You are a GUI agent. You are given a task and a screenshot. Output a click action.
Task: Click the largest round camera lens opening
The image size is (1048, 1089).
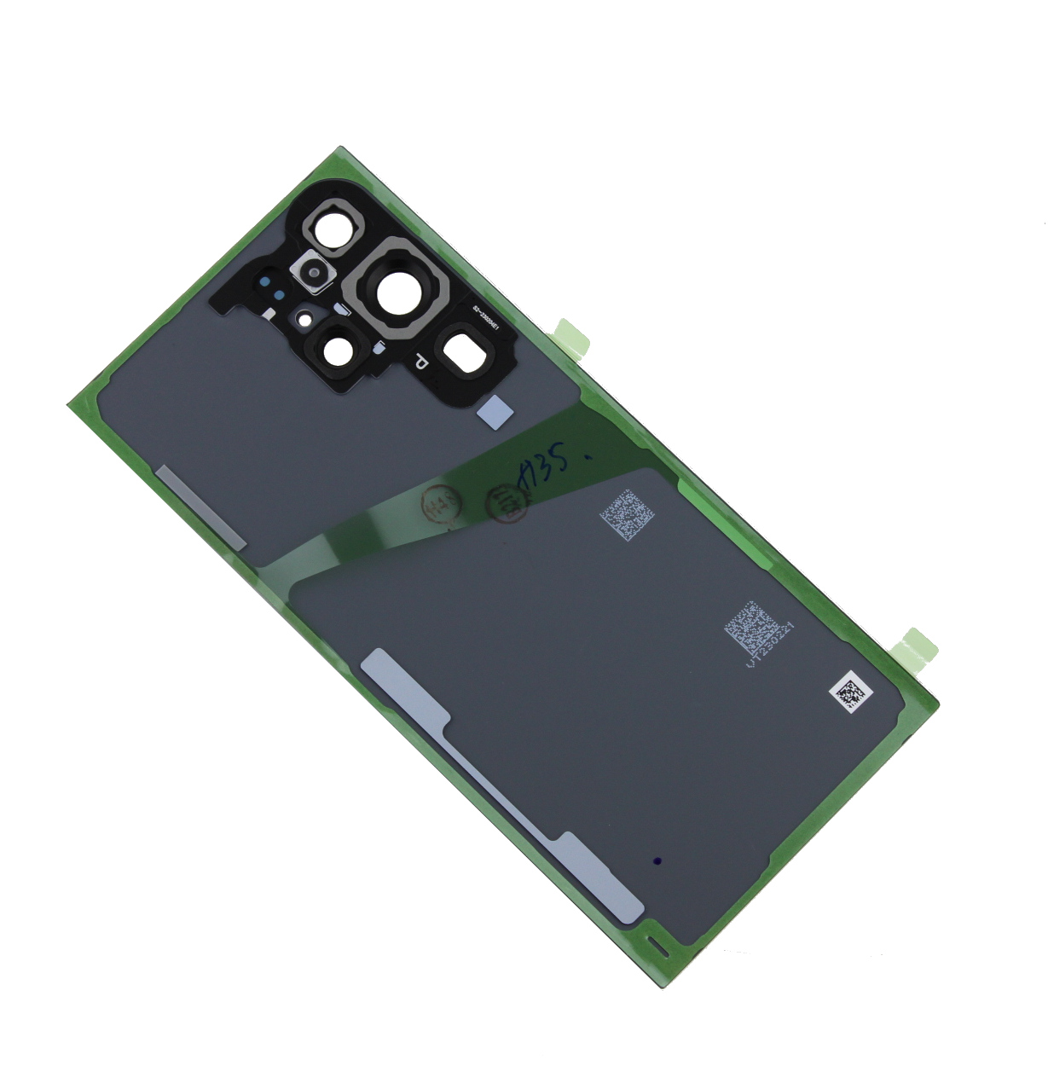396,293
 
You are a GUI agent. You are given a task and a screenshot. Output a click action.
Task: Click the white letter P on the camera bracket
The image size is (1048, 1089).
420,362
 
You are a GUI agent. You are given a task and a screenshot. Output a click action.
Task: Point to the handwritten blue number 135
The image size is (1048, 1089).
547,469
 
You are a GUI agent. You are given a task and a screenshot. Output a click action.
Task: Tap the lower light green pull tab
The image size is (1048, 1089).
919,646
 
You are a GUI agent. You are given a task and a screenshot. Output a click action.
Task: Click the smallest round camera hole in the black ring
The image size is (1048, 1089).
339,349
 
